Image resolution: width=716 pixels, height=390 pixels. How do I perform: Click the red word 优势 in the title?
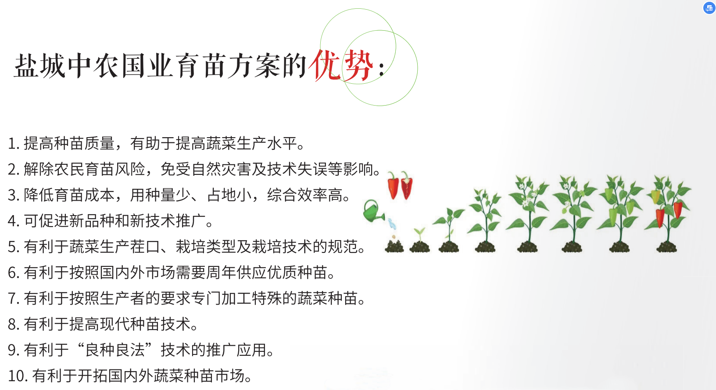tap(341, 65)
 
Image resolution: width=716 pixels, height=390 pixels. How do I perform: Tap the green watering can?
tap(373, 211)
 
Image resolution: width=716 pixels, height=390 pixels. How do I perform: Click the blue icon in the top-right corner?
tap(709, 8)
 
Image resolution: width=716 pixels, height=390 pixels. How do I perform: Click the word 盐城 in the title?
tap(39, 66)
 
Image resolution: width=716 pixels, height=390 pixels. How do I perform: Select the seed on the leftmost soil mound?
tap(394, 237)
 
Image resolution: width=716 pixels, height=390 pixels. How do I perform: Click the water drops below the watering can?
tap(392, 224)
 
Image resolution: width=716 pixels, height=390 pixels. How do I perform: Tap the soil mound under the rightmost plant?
tap(666, 247)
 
